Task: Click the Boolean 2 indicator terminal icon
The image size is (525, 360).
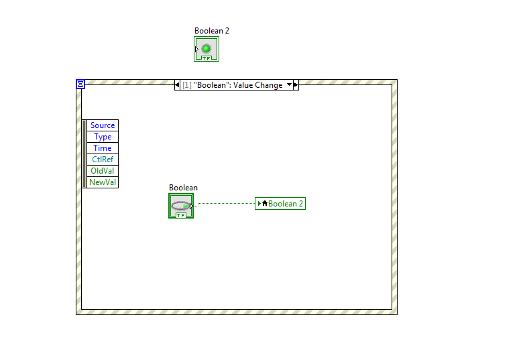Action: (x=207, y=49)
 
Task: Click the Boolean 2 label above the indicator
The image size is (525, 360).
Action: (x=212, y=31)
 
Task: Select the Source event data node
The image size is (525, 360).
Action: (x=103, y=125)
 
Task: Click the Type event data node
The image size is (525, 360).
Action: (x=103, y=137)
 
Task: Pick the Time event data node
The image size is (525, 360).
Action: (x=103, y=148)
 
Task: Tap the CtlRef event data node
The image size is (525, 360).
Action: (x=103, y=160)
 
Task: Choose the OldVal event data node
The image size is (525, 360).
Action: (x=103, y=171)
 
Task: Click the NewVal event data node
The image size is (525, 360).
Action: (x=103, y=182)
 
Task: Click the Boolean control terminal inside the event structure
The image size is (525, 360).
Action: (x=181, y=206)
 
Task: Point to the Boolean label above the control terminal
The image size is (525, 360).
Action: (x=183, y=188)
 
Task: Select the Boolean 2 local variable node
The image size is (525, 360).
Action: (x=280, y=204)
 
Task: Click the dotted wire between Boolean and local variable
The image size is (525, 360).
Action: (x=225, y=203)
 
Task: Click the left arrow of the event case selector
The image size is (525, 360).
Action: (x=178, y=85)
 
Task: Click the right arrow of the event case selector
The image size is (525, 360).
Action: (x=296, y=85)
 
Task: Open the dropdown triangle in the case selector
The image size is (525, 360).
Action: (x=290, y=85)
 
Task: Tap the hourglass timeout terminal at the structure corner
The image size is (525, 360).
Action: (x=80, y=84)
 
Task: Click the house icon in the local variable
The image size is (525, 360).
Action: (x=265, y=204)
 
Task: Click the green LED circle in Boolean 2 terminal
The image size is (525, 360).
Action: (x=207, y=48)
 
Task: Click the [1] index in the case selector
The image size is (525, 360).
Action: (x=187, y=85)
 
